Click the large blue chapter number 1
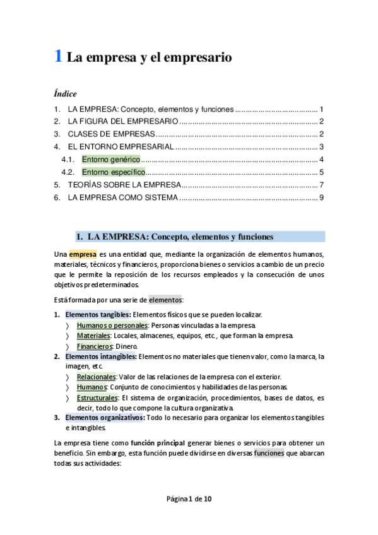(57, 57)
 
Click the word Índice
(65, 94)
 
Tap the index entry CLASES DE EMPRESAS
(111, 134)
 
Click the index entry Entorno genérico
(111, 159)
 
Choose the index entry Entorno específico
(114, 172)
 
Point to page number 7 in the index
(321, 184)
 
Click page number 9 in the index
(321, 197)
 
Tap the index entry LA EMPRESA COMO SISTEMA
(123, 197)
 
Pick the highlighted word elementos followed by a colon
(165, 300)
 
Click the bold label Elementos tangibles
(98, 315)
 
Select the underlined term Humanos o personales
(112, 325)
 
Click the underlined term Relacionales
(97, 377)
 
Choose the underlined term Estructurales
(98, 397)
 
